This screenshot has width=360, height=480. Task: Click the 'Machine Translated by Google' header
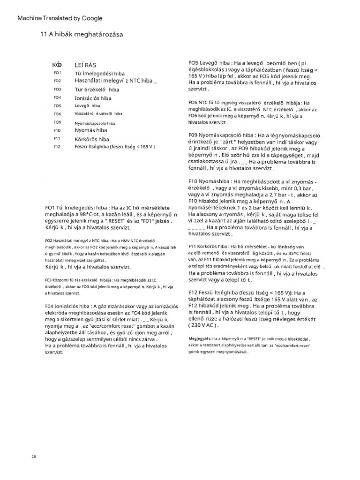point(60,18)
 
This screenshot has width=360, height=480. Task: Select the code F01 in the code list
point(58,74)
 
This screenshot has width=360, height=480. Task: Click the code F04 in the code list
point(58,97)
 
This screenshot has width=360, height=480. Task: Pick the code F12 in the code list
point(58,147)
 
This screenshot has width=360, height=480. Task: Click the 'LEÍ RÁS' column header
point(86,65)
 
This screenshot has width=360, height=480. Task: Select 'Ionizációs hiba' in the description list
point(93,98)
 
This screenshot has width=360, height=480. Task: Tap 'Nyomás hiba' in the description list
point(91,130)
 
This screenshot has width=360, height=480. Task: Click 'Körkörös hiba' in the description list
point(92,139)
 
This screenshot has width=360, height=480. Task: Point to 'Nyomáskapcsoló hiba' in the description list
point(95,122)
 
